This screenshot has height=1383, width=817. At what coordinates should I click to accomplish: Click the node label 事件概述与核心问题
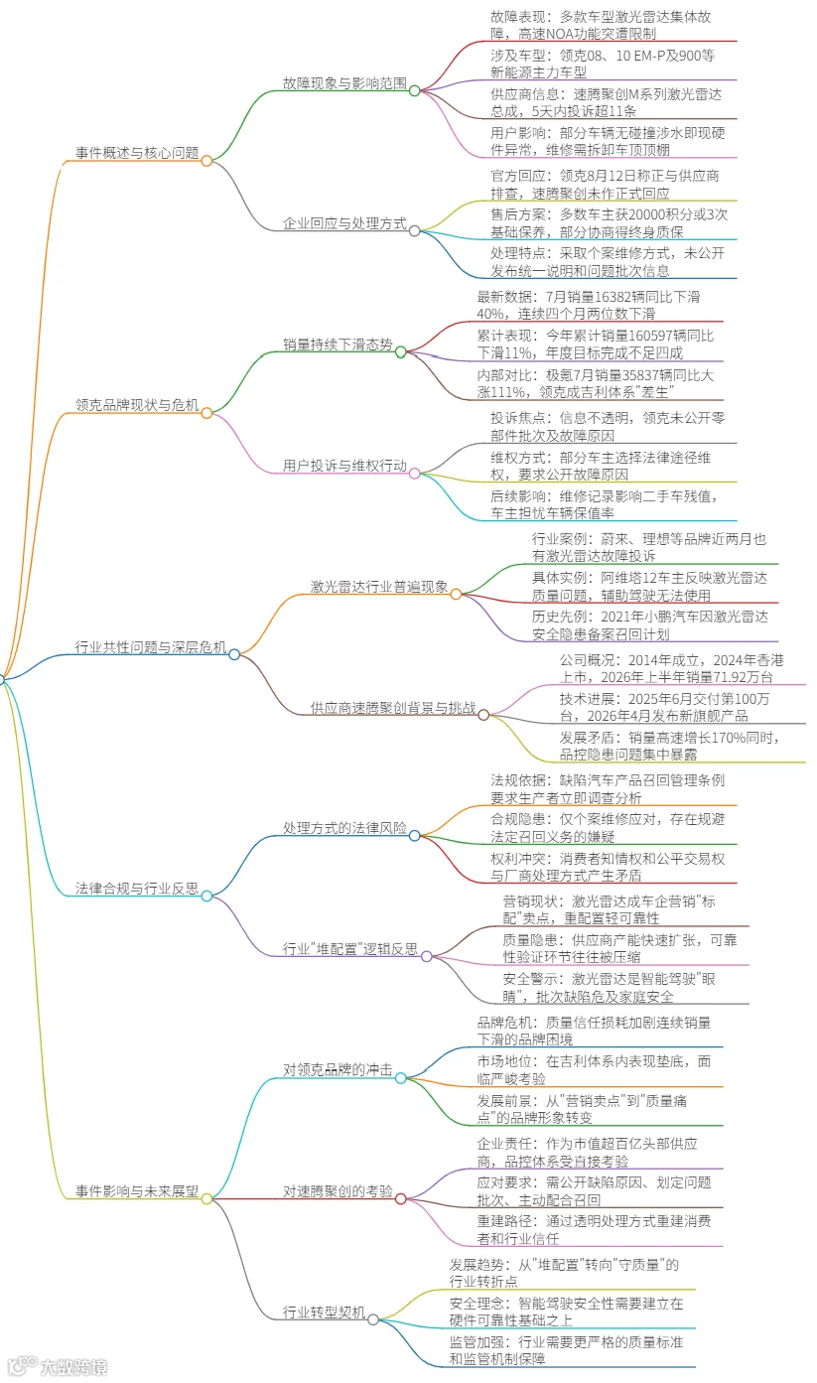[x=137, y=153]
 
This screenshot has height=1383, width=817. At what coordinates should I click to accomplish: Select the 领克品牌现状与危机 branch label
[x=137, y=404]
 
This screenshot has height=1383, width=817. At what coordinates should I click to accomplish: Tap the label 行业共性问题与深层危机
[x=151, y=646]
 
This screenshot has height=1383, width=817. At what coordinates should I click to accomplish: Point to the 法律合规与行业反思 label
[x=137, y=888]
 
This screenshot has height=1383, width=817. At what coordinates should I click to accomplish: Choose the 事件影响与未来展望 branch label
[x=137, y=1191]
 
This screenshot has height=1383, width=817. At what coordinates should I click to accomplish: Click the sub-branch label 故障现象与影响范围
[x=344, y=82]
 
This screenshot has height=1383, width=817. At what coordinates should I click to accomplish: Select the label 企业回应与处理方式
[x=344, y=222]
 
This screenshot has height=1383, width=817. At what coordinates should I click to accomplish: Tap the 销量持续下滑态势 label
[x=338, y=344]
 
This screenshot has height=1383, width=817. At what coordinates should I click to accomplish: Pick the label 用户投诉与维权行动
[x=344, y=465]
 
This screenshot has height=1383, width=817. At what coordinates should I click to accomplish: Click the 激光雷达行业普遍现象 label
[x=379, y=586]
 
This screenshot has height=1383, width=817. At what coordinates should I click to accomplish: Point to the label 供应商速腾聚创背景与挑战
[x=393, y=708]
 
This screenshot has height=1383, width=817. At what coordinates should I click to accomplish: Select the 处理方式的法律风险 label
[x=344, y=827]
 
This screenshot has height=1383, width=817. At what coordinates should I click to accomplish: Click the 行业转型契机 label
[x=325, y=1312]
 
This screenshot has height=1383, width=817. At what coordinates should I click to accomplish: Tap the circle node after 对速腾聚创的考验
[x=401, y=1198]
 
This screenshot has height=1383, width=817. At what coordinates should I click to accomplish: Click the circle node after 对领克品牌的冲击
[x=401, y=1077]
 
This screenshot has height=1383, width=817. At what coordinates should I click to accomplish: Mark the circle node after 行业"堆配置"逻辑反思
[x=427, y=956]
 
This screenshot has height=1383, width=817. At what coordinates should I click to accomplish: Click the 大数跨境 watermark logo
[x=59, y=1366]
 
